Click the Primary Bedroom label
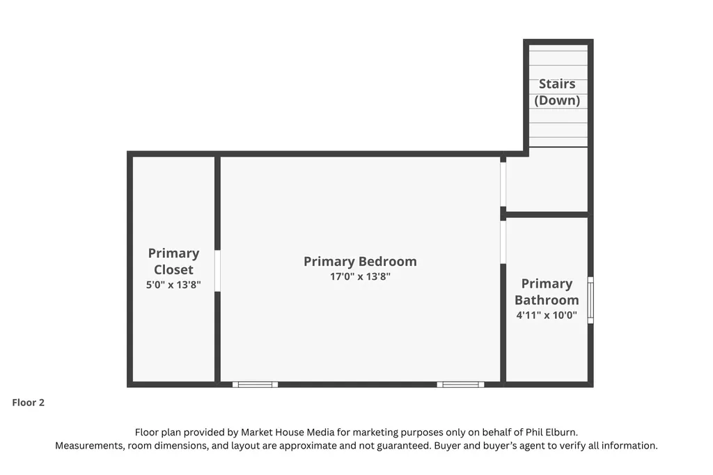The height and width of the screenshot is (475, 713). click(x=360, y=262)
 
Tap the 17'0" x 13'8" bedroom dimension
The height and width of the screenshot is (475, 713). click(x=360, y=277)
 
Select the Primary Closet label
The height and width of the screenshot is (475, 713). click(x=173, y=261)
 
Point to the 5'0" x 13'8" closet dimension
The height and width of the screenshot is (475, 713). click(x=173, y=285)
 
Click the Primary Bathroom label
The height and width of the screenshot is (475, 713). click(x=547, y=292)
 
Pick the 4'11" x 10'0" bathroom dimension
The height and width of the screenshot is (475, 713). click(x=547, y=315)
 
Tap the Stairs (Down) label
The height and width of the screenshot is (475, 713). click(x=557, y=92)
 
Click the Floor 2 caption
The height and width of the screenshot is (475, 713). click(x=28, y=403)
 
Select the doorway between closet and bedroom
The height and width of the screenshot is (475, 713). click(x=217, y=271)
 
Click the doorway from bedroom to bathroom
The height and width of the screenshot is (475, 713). click(x=503, y=242)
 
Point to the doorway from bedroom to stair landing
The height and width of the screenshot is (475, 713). click(x=503, y=185)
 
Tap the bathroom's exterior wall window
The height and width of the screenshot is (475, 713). click(x=590, y=300)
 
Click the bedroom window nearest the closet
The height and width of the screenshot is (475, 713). click(x=255, y=385)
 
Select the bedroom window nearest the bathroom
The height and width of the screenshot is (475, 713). click(x=461, y=385)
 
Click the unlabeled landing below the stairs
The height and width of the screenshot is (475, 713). click(x=547, y=179)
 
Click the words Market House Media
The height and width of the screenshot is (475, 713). click(x=288, y=433)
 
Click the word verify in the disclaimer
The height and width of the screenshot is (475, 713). click(x=574, y=446)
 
